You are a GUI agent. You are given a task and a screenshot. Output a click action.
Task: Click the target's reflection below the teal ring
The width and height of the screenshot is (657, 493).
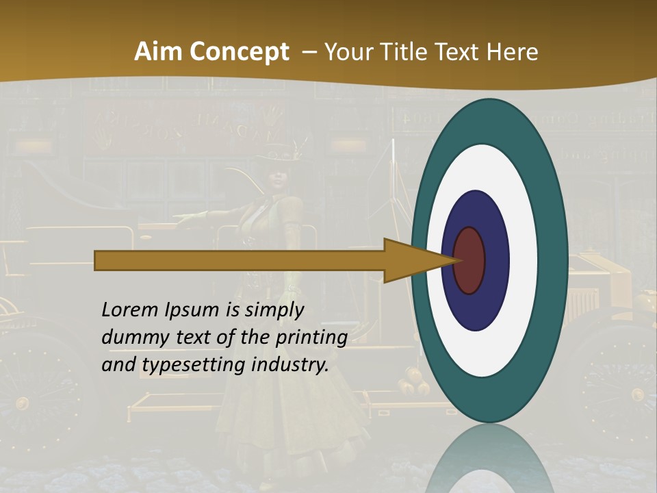(489, 459)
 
